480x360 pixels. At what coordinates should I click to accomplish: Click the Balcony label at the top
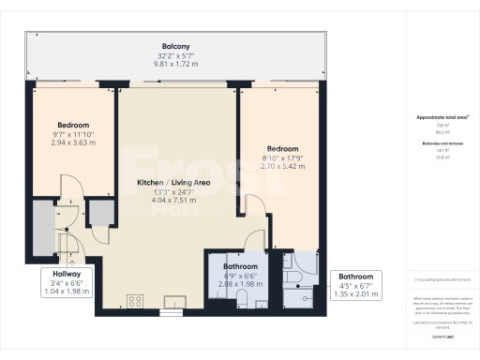tap(176, 46)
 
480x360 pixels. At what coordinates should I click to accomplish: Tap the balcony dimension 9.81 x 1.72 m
tap(176, 66)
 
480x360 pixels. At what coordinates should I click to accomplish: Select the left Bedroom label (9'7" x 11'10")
tap(72, 125)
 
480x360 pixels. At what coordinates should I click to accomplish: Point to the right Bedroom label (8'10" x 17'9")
tap(282, 149)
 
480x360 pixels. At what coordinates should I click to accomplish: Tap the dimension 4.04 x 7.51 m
tap(172, 199)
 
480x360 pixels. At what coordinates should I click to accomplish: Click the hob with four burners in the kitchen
tap(135, 301)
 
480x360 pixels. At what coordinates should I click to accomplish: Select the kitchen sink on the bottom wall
tap(174, 302)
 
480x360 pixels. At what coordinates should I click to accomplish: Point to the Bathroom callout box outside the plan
tap(356, 284)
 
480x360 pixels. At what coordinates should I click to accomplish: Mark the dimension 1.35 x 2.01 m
tap(356, 293)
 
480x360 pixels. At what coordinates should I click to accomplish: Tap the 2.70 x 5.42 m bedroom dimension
tap(282, 167)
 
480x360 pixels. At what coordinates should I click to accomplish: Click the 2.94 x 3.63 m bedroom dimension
tap(72, 143)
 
